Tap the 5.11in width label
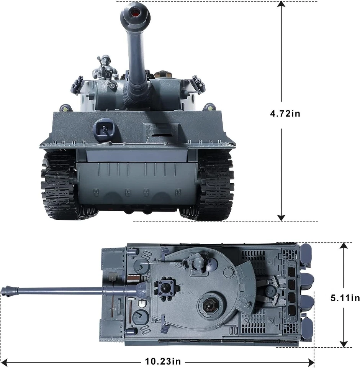point(345,297)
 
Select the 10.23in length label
point(162,361)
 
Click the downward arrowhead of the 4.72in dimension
point(281,217)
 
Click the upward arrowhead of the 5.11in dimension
point(344,246)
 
